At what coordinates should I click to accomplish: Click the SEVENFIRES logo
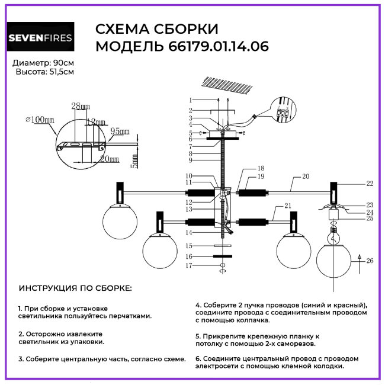point(41,38)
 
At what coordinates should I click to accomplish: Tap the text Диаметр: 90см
point(43,63)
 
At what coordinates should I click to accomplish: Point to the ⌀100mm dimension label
point(40,119)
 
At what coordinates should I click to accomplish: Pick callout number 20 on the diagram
point(306,177)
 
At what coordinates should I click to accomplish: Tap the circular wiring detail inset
point(283,115)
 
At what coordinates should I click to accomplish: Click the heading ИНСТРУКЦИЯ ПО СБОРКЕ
point(76,288)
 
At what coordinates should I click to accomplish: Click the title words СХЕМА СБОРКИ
point(156,29)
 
